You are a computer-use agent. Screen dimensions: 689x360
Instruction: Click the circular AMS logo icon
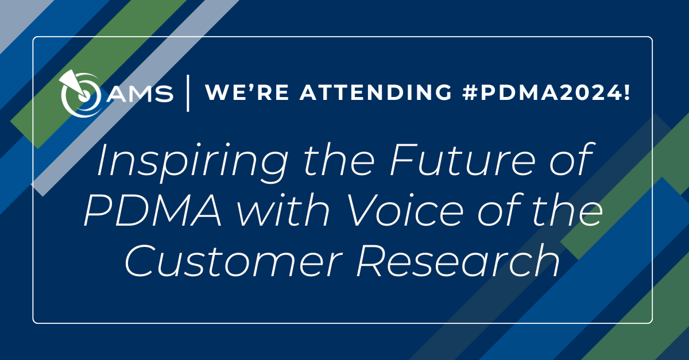81,94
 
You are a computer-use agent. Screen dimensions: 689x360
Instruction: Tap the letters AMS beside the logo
140,93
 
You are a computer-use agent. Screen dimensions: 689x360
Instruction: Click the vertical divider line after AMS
188,93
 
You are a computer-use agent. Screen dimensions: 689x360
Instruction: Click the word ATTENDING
376,92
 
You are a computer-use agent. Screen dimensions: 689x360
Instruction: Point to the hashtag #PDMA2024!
546,92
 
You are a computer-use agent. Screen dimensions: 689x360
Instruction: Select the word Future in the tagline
462,160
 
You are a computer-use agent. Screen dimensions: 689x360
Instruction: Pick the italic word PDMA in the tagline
153,211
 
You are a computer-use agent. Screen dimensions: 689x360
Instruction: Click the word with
283,210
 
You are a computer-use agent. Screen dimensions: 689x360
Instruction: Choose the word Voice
405,210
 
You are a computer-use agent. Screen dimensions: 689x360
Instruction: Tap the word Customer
234,261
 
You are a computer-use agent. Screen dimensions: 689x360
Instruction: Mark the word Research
458,260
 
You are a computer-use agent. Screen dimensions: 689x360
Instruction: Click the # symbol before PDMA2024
471,92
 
